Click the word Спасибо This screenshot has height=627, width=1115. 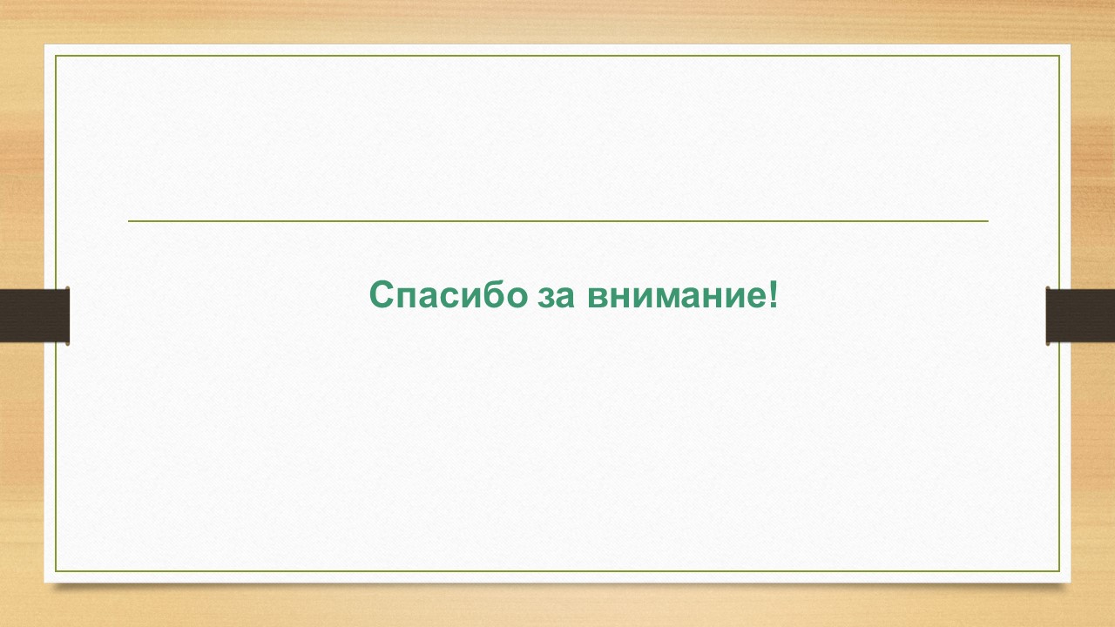coord(449,294)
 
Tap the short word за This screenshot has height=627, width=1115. coord(556,298)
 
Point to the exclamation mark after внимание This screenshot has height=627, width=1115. coord(773,294)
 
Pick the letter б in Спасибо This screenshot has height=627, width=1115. coord(489,294)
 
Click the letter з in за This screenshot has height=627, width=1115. coord(546,298)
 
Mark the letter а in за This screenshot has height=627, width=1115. coord(566,298)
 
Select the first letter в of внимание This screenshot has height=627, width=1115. coord(598,298)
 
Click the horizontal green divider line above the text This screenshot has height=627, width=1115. coord(558,220)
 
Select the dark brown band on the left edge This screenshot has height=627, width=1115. coord(34,315)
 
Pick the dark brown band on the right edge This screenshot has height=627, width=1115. coord(1080,315)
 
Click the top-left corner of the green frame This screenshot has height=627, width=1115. coord(55,56)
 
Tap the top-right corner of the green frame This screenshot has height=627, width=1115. coord(1060,56)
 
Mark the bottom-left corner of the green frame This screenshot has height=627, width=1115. coord(55,571)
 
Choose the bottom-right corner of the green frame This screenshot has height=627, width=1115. coord(1060,571)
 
